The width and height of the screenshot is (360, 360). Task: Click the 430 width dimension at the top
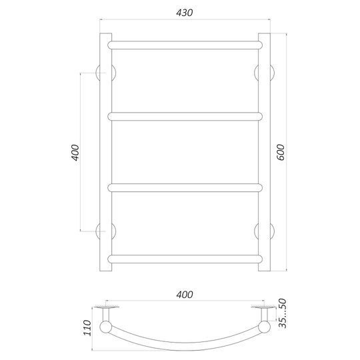click(x=185, y=13)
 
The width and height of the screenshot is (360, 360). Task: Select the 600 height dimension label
click(x=281, y=152)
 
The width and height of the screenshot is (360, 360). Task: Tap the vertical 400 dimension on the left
click(x=75, y=153)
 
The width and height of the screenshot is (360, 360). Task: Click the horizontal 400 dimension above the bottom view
click(x=185, y=295)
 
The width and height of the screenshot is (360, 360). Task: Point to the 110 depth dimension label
click(x=87, y=327)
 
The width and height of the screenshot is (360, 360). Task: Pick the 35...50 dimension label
click(x=283, y=313)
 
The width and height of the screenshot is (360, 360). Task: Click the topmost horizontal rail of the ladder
click(x=185, y=45)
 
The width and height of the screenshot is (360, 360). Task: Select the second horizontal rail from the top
click(x=185, y=117)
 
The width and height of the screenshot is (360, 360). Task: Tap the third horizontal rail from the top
click(x=185, y=187)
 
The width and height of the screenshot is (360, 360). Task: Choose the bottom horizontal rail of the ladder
click(x=185, y=259)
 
